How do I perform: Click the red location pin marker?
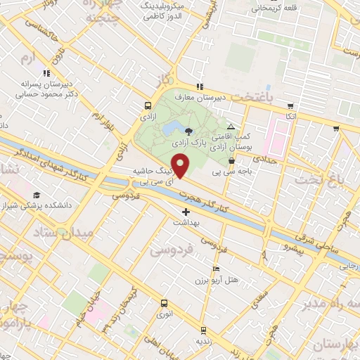[x=181, y=166]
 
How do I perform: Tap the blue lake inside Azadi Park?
[x=171, y=129]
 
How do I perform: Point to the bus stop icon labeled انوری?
[x=164, y=304]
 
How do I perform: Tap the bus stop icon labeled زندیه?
[x=203, y=330]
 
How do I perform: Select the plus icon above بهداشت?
[x=186, y=211]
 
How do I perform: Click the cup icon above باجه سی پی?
[x=231, y=160]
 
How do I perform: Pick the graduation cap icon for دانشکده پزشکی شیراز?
[x=36, y=195]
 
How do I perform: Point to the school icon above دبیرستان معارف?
[x=200, y=86]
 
